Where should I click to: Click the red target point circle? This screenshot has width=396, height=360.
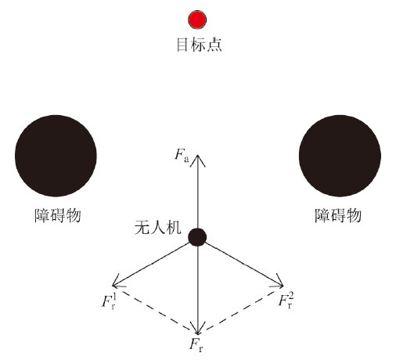pyautogui.click(x=197, y=20)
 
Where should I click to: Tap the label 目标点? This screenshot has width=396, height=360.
pyautogui.click(x=199, y=45)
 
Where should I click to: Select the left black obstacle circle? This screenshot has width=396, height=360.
pyautogui.click(x=56, y=156)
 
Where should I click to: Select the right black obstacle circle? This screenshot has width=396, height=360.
pyautogui.click(x=340, y=156)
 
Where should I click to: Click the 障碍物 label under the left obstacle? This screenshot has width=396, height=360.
pyautogui.click(x=58, y=215)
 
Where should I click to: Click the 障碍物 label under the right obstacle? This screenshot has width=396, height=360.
pyautogui.click(x=338, y=215)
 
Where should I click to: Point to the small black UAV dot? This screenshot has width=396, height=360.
pyautogui.click(x=197, y=237)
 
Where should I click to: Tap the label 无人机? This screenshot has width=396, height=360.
pyautogui.click(x=157, y=228)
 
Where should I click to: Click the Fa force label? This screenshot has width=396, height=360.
pyautogui.click(x=182, y=155)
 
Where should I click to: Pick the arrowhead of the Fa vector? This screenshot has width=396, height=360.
pyautogui.click(x=197, y=156)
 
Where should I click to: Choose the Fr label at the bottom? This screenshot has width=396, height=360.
pyautogui.click(x=196, y=345)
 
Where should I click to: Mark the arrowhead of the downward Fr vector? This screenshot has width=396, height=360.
pyautogui.click(x=198, y=334)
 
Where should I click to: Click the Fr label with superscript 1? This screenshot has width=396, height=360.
pyautogui.click(x=108, y=301)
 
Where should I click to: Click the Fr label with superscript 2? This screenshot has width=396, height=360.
pyautogui.click(x=286, y=301)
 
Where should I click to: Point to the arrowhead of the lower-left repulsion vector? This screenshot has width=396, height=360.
pyautogui.click(x=113, y=286)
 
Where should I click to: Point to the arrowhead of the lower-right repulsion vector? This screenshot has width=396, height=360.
pyautogui.click(x=283, y=286)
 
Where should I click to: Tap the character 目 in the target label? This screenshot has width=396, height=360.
pyautogui.click(x=182, y=45)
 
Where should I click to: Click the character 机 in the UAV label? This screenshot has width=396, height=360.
pyautogui.click(x=174, y=228)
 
